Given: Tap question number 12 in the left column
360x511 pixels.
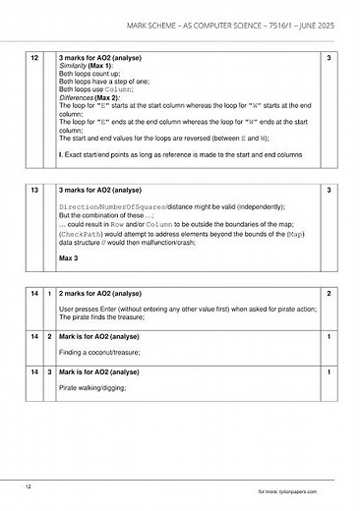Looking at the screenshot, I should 34,60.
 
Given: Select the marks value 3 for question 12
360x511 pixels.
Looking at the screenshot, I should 328,60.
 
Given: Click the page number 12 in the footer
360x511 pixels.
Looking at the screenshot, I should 30,485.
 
